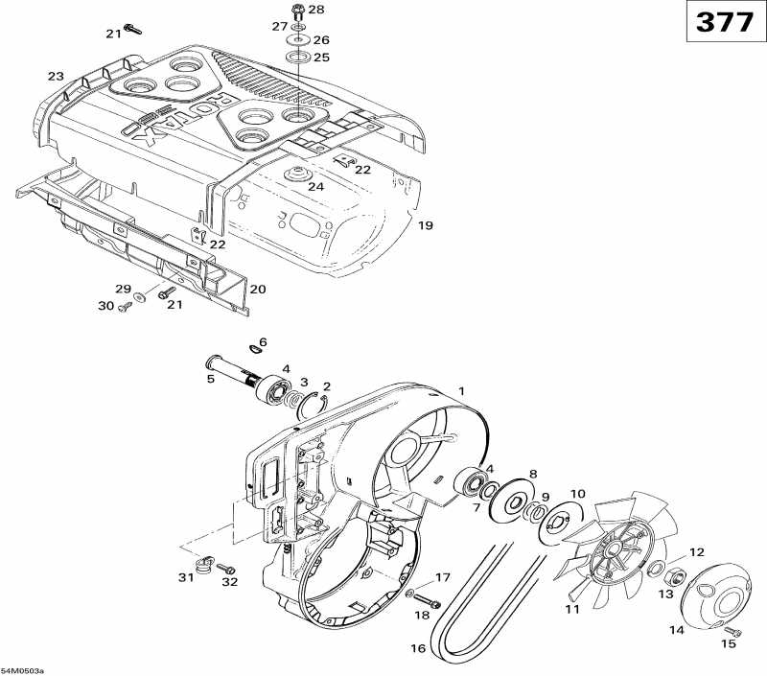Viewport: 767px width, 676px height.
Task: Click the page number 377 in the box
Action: click(724, 23)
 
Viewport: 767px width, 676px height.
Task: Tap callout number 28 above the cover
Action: click(316, 10)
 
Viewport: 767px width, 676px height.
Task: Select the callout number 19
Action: click(426, 225)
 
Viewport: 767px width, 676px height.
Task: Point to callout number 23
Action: click(56, 76)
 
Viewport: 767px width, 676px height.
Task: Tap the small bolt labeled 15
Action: click(733, 630)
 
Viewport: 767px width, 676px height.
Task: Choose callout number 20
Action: click(258, 289)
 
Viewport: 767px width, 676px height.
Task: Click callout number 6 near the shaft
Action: click(263, 342)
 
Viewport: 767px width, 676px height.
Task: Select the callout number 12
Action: click(696, 552)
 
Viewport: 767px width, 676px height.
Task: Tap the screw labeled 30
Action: click(124, 307)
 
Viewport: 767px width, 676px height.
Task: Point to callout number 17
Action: click(442, 577)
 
